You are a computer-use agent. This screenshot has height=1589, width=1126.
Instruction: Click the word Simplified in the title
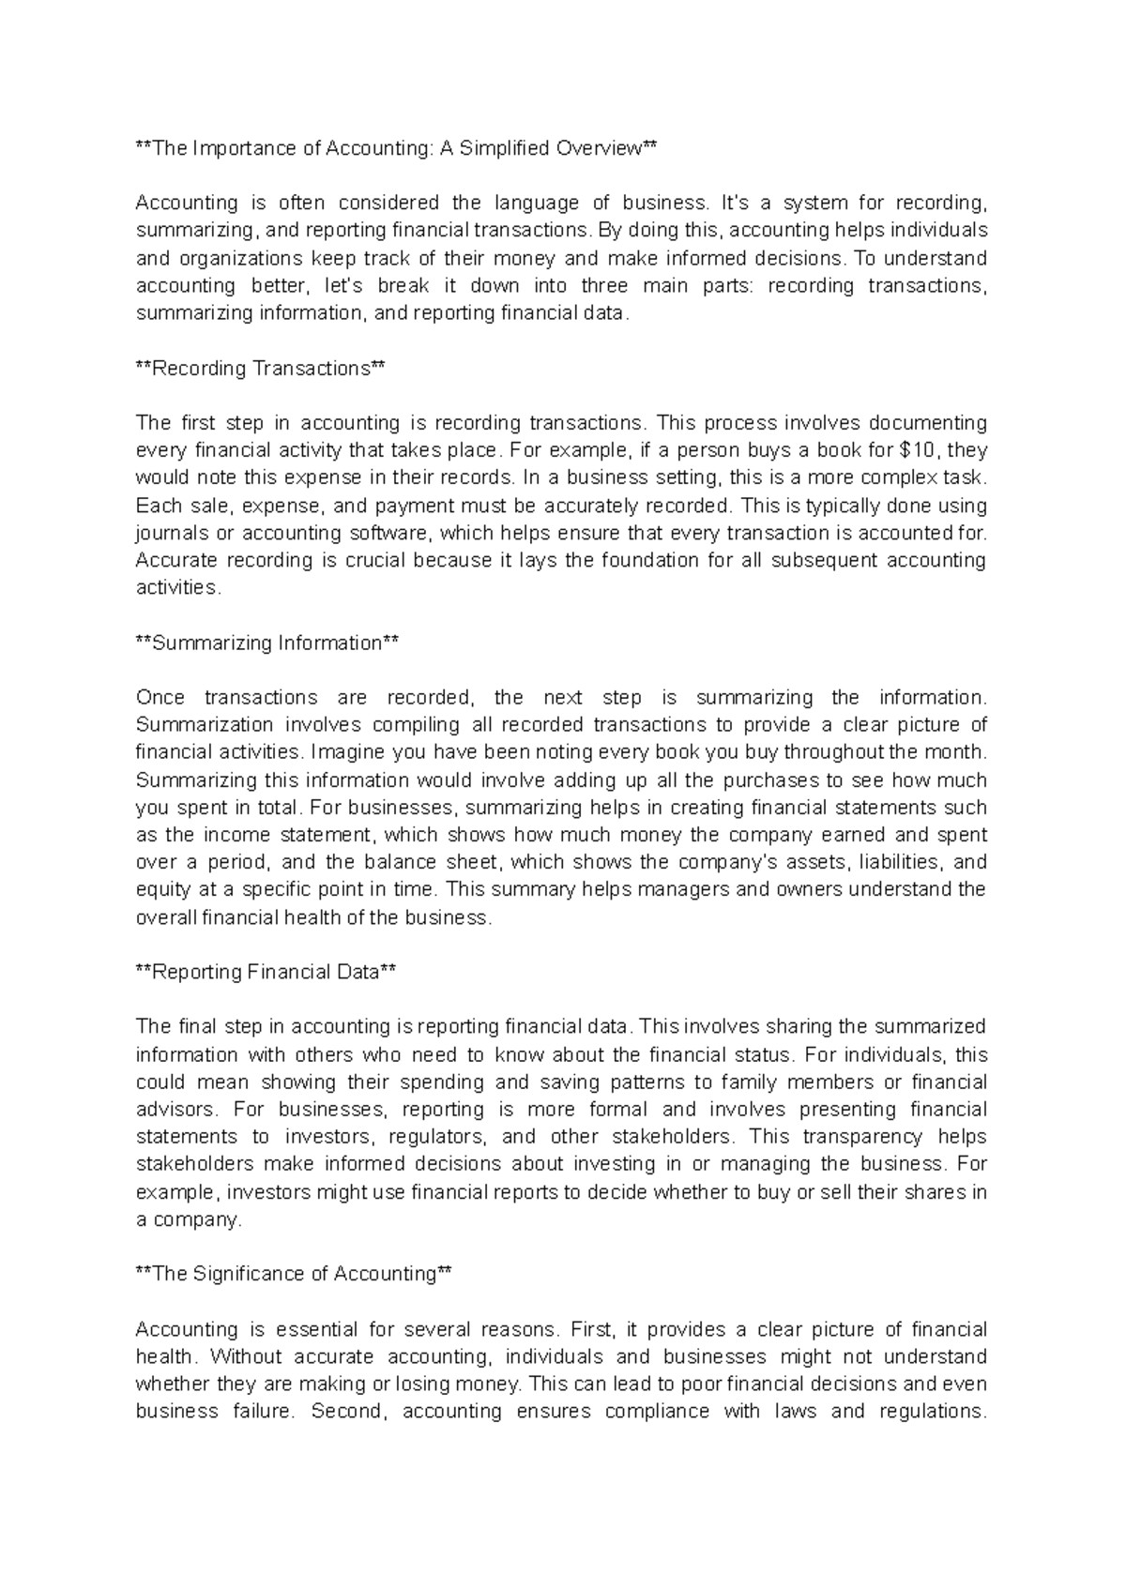click(507, 148)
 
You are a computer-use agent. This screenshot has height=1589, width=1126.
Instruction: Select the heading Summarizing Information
click(267, 643)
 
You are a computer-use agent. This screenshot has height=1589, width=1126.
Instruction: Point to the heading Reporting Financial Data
click(266, 973)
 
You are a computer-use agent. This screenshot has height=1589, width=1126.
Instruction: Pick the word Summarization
click(205, 725)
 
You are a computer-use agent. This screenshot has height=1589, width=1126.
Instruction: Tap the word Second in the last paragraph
click(348, 1412)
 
